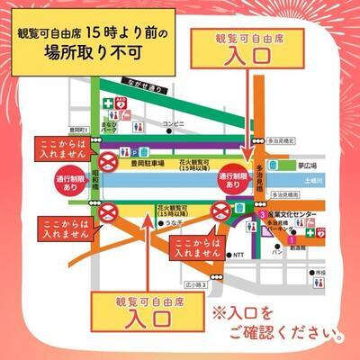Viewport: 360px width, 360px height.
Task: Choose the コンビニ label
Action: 172,121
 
